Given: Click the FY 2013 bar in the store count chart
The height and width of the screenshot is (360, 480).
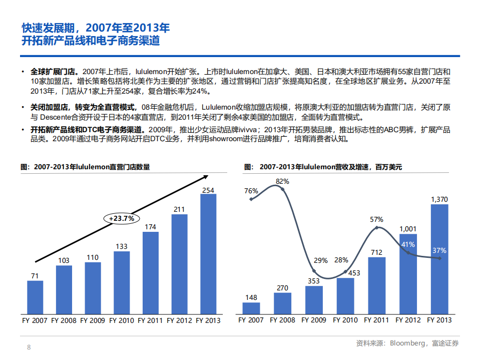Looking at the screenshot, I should pyautogui.click(x=208, y=255).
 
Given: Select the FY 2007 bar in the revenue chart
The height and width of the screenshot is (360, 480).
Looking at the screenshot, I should pyautogui.click(x=251, y=309).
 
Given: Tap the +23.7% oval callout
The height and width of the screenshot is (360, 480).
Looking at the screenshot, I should pyautogui.click(x=122, y=218).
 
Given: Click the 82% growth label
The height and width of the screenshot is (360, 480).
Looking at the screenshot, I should pyautogui.click(x=282, y=181).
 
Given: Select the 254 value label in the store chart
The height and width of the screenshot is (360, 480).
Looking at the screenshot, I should pyautogui.click(x=208, y=190).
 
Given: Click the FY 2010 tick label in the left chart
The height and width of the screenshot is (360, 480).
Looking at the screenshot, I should pyautogui.click(x=122, y=320).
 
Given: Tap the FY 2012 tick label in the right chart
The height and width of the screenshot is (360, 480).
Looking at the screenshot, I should pyautogui.click(x=408, y=320).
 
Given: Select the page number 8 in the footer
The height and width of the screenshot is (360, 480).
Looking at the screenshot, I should pyautogui.click(x=29, y=347).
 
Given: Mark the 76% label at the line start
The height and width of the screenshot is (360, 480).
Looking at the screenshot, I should pyautogui.click(x=251, y=191).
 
